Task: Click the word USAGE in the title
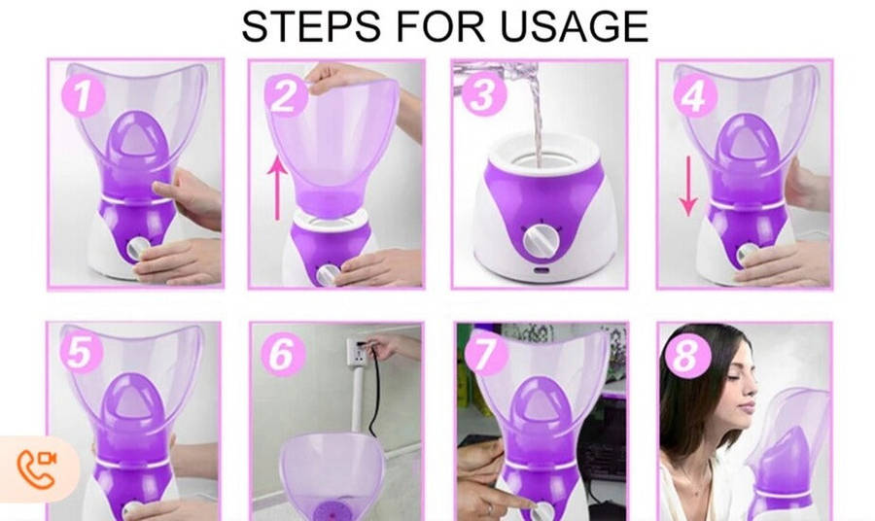[575, 25]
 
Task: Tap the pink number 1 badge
[84, 96]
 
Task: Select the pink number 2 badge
[286, 95]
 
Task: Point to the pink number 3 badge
[483, 94]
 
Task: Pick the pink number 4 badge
[695, 96]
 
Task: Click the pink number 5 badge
[82, 352]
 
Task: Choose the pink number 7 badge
[486, 354]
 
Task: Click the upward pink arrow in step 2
[276, 188]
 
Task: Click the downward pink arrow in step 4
[688, 186]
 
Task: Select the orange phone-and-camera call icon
[37, 468]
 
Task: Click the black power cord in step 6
[374, 391]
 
